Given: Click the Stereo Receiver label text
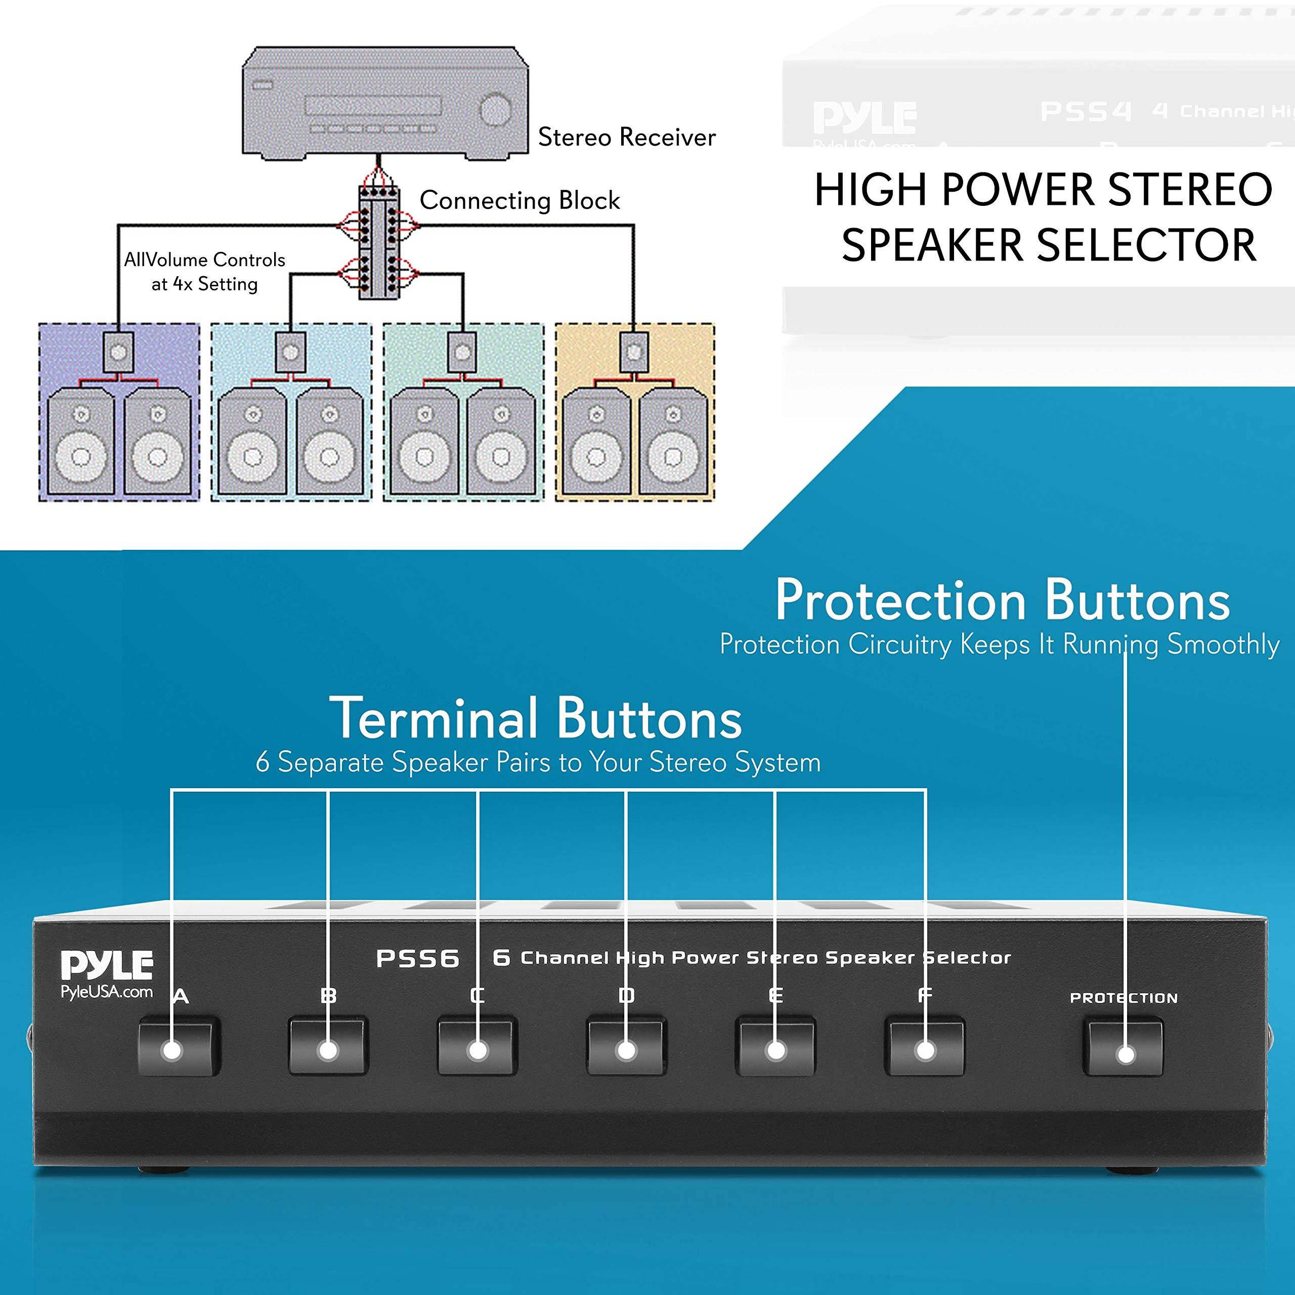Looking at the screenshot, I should click(x=627, y=138).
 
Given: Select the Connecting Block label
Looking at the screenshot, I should click(x=520, y=200).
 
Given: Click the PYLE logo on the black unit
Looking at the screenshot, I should click(x=107, y=965).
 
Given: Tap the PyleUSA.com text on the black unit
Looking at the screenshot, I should click(x=107, y=992).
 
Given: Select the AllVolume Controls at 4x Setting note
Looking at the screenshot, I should click(x=204, y=272).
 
